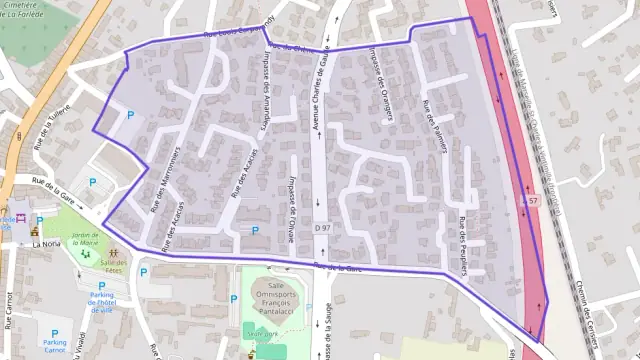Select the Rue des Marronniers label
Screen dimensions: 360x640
(x=163, y=178)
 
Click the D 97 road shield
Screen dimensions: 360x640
(x=322, y=229)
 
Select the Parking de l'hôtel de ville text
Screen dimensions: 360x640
(x=102, y=301)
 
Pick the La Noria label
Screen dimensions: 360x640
(x=46, y=243)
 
